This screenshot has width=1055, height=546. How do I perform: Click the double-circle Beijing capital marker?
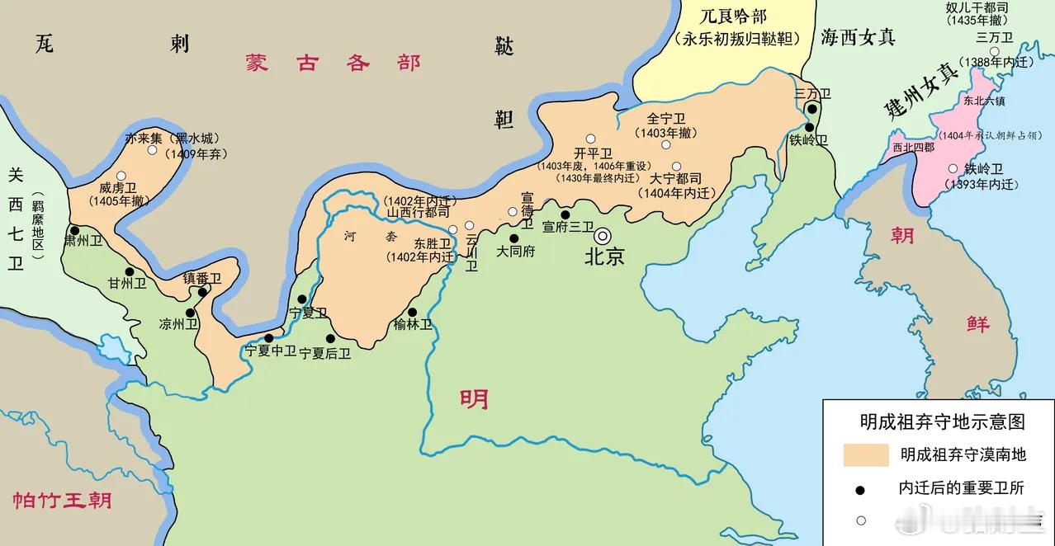point(603,235)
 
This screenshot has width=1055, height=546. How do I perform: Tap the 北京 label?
point(605,257)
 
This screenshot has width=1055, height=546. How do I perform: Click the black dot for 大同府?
point(513,238)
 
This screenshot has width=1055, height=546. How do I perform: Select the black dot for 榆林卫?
point(413,311)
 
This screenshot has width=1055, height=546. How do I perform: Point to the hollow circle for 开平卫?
point(590,139)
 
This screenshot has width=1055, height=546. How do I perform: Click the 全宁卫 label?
point(666,119)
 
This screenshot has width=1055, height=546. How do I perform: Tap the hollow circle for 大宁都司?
point(676,166)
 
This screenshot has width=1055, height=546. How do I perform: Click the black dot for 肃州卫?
point(74,231)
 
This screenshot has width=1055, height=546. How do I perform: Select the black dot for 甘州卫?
point(129,271)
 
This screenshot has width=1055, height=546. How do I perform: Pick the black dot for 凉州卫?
point(191,313)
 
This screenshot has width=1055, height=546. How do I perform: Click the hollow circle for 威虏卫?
point(121,176)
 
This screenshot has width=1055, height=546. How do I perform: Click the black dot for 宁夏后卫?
point(330,338)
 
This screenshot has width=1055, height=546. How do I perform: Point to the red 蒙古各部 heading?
point(333,64)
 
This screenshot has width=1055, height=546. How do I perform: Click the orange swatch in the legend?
point(865,454)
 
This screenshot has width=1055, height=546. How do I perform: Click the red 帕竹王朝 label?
point(62,500)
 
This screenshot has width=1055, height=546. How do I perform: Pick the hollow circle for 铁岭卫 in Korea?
point(953,168)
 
